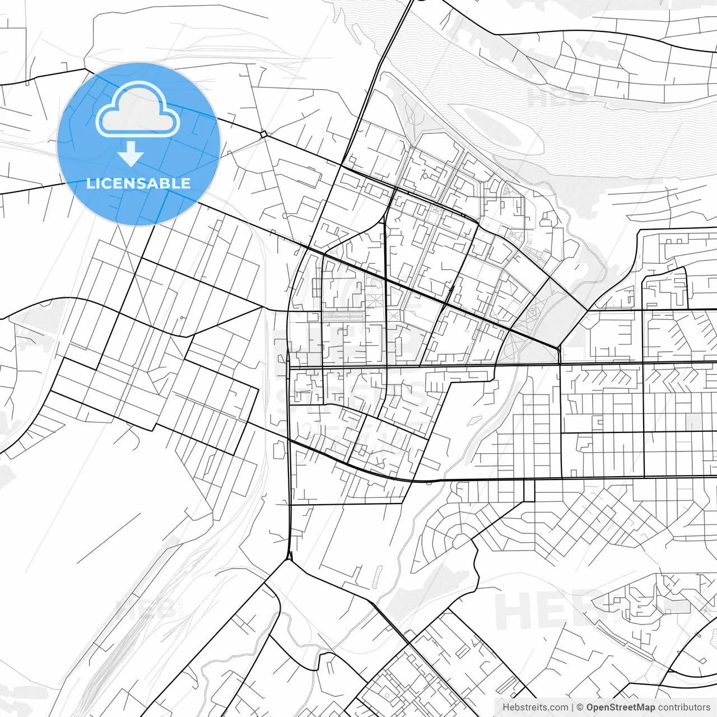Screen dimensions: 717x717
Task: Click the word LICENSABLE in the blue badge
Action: tap(138, 183)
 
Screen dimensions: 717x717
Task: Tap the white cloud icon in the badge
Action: tap(138, 110)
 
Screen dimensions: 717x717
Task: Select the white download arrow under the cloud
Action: tap(131, 153)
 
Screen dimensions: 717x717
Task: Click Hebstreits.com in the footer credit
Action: tap(535, 707)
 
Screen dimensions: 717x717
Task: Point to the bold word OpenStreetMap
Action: tap(621, 707)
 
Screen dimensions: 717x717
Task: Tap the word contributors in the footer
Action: tap(683, 707)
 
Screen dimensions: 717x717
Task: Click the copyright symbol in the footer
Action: tap(580, 707)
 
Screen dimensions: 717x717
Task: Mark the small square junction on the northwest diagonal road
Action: tap(263, 134)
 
